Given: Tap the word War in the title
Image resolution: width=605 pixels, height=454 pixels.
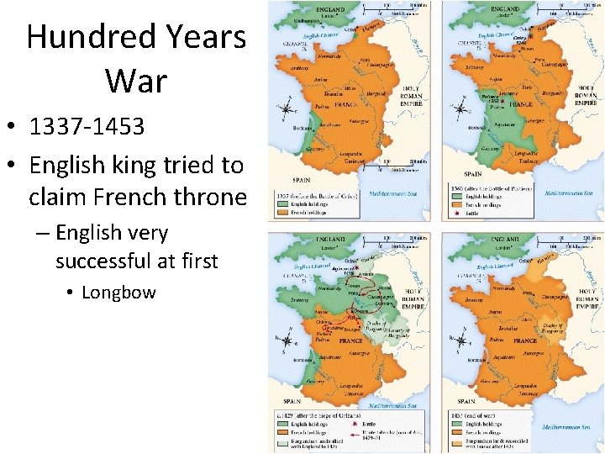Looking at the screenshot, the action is point(136,81).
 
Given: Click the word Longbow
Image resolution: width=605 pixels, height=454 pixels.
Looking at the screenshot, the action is point(118,292).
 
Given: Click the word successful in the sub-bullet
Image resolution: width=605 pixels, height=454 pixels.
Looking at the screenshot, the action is point(103,261).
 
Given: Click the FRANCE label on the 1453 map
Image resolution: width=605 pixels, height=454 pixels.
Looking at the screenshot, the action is point(525,340).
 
